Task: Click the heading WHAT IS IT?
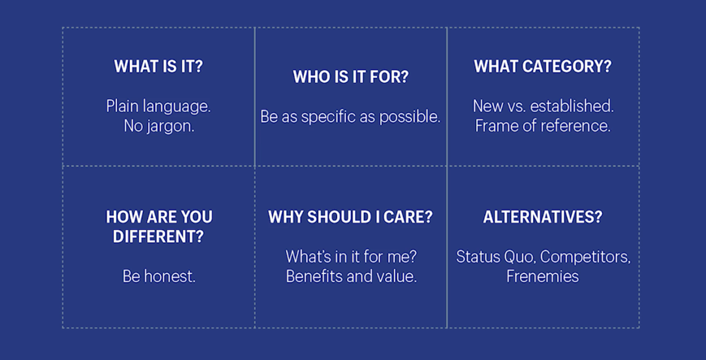[x=158, y=67]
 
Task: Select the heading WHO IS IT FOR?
[x=351, y=76]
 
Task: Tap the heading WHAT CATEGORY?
[x=543, y=67]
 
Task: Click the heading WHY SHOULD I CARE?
[x=350, y=217]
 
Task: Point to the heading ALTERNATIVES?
[x=543, y=217]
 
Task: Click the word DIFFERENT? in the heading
[x=158, y=236]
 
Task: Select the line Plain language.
[x=158, y=106]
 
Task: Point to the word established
[x=572, y=106]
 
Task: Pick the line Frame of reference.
[x=543, y=126]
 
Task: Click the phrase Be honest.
[x=159, y=276]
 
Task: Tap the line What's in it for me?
[x=351, y=257]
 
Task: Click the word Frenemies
[x=543, y=276]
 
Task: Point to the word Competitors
[x=585, y=258]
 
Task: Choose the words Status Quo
[x=496, y=257]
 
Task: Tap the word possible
[x=409, y=117]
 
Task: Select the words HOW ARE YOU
[x=159, y=217]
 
